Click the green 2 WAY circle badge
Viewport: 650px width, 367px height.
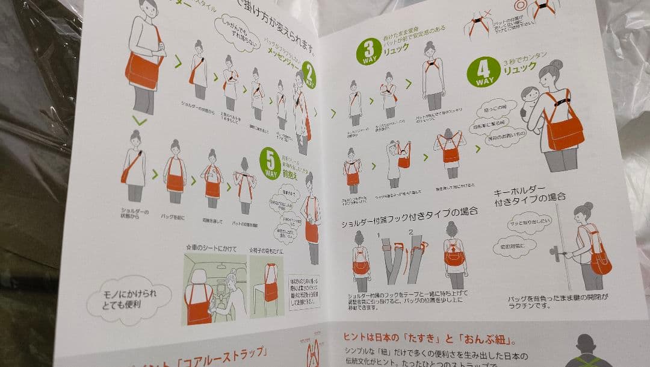pos(308,75)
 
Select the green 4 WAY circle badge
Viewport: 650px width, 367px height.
pos(483,72)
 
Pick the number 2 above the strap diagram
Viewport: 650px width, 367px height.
pos(410,232)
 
